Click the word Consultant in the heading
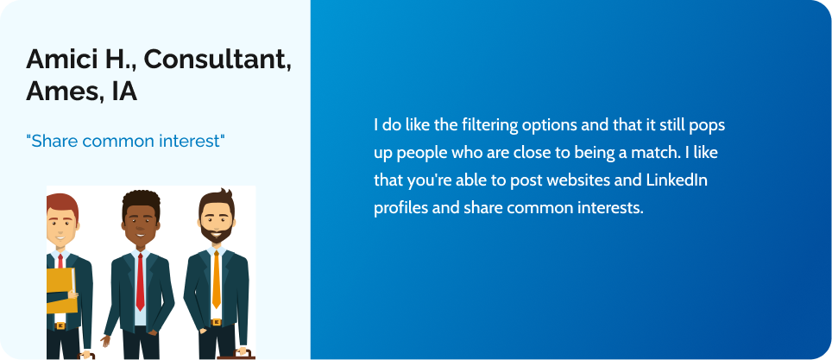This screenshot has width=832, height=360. [x=217, y=59]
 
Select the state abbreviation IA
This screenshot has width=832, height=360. [x=124, y=92]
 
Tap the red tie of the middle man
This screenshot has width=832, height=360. [x=140, y=281]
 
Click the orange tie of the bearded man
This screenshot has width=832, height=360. [x=216, y=279]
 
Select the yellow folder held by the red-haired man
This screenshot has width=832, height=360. [x=60, y=290]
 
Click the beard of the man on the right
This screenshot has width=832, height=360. [x=217, y=232]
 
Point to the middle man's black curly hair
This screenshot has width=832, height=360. [x=142, y=200]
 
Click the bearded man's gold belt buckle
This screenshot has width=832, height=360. [x=216, y=322]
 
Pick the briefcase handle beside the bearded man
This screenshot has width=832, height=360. [x=242, y=352]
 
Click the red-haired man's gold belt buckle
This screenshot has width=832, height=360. [x=60, y=325]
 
